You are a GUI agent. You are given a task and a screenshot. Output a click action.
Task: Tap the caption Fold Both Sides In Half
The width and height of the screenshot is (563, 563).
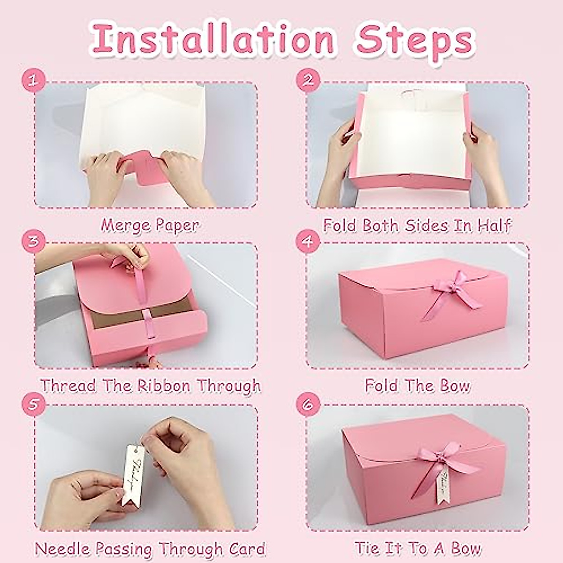417,225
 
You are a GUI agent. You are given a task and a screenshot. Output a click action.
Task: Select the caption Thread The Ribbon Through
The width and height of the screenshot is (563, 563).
150,386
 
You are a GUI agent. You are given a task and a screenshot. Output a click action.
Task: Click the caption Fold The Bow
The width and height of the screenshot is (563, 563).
417,386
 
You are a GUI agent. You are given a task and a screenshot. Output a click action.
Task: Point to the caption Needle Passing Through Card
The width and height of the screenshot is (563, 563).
150,548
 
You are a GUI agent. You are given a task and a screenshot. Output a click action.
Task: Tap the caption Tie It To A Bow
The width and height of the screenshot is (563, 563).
417,548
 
